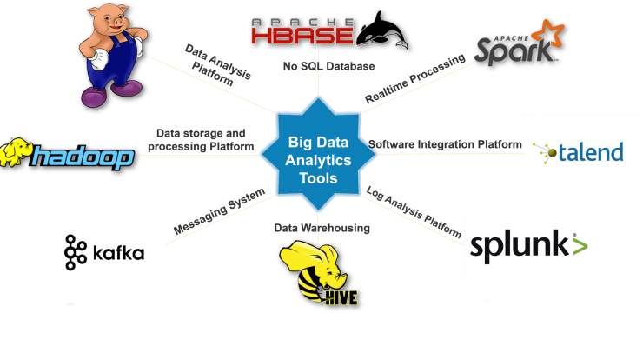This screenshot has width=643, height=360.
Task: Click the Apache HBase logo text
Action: point(302,31)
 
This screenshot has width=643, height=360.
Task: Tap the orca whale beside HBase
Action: point(381,30)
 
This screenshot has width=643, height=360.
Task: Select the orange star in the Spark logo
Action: point(547,33)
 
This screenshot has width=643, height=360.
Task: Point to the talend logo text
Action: point(591,152)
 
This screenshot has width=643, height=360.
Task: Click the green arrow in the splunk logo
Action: point(580,245)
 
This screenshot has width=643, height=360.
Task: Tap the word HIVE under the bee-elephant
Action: point(341,297)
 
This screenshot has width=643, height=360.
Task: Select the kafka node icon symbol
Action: point(76,252)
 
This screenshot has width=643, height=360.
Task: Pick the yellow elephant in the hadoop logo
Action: point(16,152)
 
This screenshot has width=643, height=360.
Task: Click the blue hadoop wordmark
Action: point(83,157)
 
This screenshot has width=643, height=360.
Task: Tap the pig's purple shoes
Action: point(110,94)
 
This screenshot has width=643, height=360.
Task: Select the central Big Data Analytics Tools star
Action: point(318,154)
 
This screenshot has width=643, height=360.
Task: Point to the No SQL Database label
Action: point(328,66)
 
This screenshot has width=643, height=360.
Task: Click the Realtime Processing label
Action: point(415,79)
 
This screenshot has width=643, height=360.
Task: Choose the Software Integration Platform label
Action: point(445,144)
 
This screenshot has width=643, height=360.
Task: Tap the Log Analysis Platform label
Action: point(414,212)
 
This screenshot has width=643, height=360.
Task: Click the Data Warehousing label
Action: point(321,228)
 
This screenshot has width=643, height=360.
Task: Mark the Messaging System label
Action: point(219,211)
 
